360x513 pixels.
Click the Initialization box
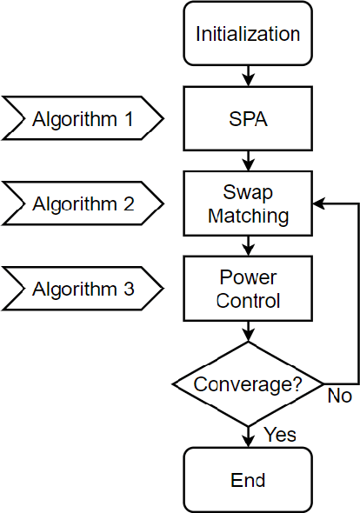click(248, 35)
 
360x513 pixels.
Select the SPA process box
click(248, 119)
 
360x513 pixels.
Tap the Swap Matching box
click(248, 203)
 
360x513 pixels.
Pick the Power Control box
click(248, 289)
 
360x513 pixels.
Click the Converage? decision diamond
click(248, 383)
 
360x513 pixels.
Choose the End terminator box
click(248, 479)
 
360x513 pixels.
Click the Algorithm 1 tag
click(83, 119)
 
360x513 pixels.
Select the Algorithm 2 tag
click(83, 204)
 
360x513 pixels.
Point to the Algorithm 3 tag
click(83, 289)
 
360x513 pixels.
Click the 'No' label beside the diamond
click(339, 396)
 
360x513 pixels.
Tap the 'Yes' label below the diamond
click(279, 434)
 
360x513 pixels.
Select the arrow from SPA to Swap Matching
click(249, 161)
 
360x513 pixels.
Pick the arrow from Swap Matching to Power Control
click(249, 245)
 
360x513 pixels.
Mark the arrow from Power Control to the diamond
click(249, 330)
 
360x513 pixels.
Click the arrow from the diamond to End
click(249, 435)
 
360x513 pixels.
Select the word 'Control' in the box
click(248, 301)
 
